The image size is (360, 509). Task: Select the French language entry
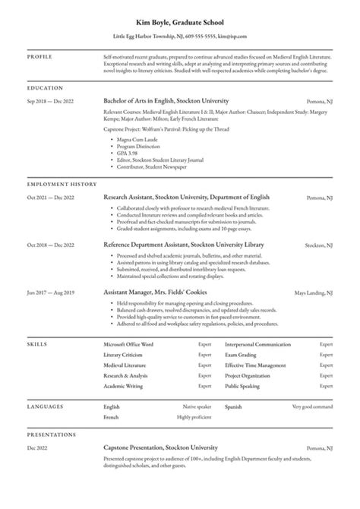[x=111, y=417]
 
